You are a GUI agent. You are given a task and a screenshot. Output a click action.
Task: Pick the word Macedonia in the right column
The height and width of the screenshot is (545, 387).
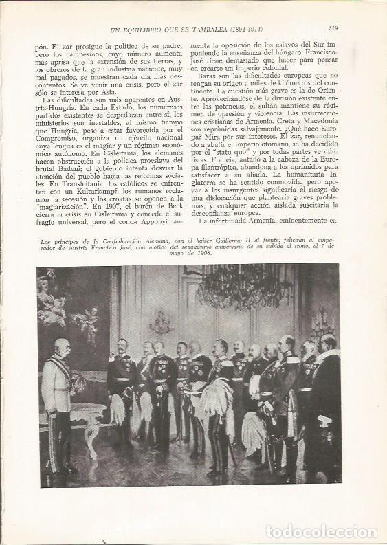(x=317, y=122)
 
